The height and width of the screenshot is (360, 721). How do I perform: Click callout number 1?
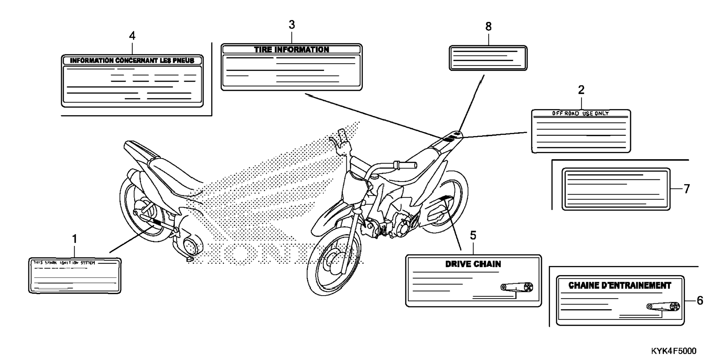75,239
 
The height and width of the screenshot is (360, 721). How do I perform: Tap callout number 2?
581,90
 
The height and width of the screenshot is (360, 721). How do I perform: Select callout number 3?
292,25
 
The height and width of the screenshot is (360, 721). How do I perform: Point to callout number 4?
132,36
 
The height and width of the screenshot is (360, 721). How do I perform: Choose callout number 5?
473,236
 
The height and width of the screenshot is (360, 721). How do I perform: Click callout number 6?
700,300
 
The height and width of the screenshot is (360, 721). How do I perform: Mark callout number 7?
687,189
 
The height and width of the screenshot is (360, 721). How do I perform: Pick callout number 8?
488,27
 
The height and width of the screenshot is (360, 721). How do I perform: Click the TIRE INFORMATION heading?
292,50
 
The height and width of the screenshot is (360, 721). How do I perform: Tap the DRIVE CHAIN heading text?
473,264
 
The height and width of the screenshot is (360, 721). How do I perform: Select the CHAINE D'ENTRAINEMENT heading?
620,285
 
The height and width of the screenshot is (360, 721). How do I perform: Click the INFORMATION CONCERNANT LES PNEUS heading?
132,60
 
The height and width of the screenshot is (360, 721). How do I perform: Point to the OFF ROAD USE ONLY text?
580,113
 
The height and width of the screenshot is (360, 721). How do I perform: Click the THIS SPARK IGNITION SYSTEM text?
64,263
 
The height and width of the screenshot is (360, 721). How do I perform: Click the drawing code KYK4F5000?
674,351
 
